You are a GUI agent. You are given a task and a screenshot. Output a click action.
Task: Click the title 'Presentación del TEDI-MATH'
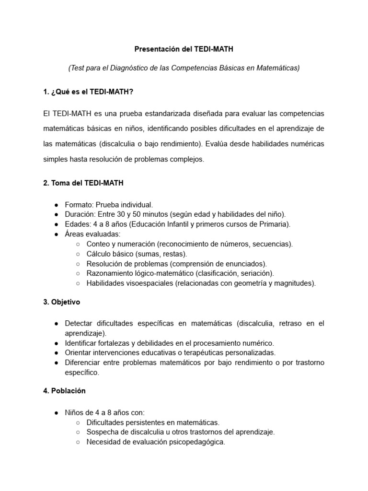(184, 48)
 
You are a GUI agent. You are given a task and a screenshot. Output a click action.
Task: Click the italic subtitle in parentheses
(184, 68)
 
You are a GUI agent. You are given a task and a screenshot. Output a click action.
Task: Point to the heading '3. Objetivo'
(62, 302)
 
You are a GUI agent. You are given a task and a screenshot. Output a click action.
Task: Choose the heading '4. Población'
(64, 390)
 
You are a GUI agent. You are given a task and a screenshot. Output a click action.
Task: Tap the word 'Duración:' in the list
(80, 214)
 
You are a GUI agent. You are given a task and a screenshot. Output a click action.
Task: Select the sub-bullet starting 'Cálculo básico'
(137, 254)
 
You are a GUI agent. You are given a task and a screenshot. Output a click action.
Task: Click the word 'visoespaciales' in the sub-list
(150, 283)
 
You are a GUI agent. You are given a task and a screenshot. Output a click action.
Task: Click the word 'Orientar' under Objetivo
(78, 352)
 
